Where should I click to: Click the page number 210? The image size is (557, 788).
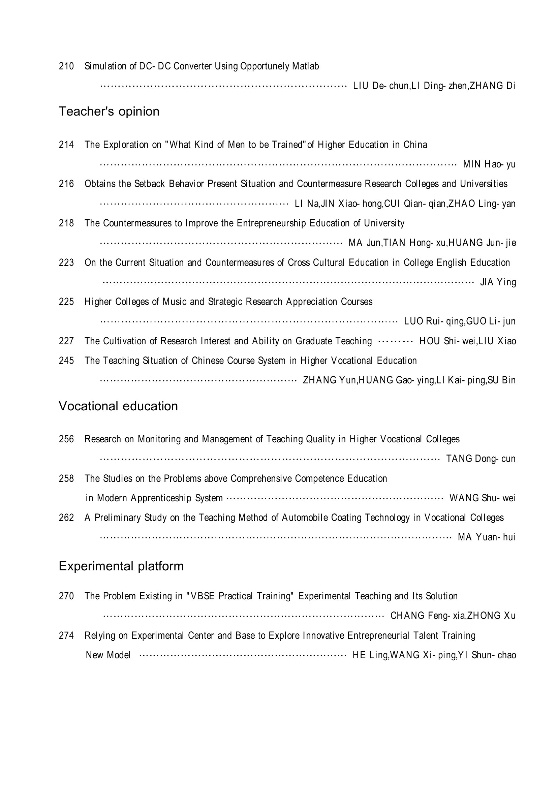point(66,66)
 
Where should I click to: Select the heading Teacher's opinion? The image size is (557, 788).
point(109,112)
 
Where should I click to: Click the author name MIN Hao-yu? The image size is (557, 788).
point(489,164)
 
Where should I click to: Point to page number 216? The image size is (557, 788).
point(66,184)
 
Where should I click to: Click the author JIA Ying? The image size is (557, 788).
point(498,282)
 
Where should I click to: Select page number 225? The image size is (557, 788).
point(66,302)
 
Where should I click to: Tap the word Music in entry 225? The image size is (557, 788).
point(175,302)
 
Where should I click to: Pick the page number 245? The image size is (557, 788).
point(66,361)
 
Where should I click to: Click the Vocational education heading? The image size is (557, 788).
point(118,406)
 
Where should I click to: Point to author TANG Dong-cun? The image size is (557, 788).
point(481,459)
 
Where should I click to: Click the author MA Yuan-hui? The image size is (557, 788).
point(486,537)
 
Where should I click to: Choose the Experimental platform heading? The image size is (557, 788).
point(121,566)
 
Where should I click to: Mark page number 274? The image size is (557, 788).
point(66,636)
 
